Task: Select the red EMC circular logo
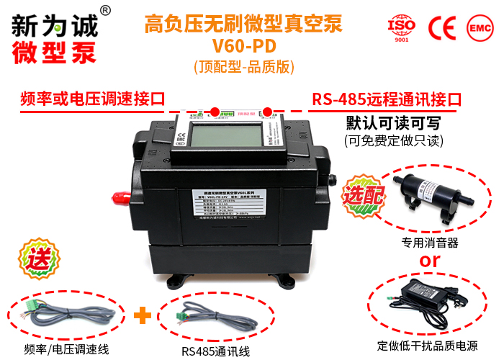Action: [478, 27]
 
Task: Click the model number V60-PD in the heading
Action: [244, 47]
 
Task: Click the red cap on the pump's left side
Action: [120, 196]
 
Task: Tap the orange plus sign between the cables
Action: [144, 315]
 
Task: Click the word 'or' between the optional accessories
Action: [430, 260]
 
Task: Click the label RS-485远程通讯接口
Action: [387, 99]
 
